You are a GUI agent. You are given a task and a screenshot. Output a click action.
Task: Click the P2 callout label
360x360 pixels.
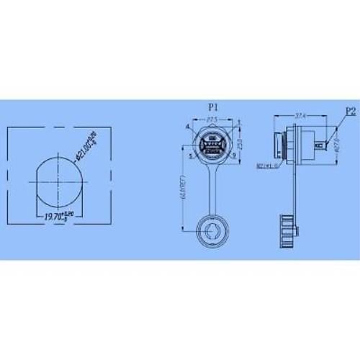tap(351, 111)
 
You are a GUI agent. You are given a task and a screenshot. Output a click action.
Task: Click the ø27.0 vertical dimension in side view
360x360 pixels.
tap(337, 144)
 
